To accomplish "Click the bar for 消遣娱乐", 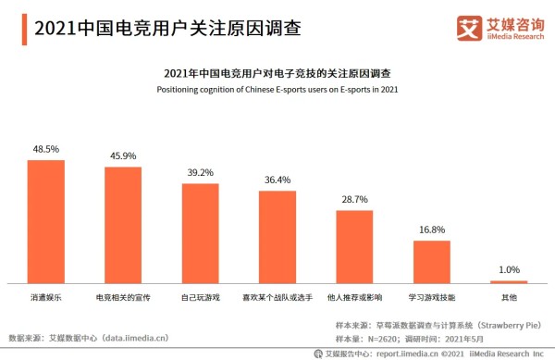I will point(45,221).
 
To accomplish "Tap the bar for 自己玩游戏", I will point(200,233).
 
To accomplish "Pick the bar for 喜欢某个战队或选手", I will point(277,237).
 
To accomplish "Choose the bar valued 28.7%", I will point(353,246).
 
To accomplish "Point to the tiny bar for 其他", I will point(508,281).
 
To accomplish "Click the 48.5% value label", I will point(45,149).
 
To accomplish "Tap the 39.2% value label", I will point(200,172).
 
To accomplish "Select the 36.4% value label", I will point(277,180).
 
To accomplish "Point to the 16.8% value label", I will point(431,230).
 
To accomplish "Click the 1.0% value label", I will point(508,269).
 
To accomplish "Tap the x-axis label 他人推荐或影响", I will point(353,298).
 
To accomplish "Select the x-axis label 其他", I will point(508,298).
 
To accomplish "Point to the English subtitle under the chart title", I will point(277,89).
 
